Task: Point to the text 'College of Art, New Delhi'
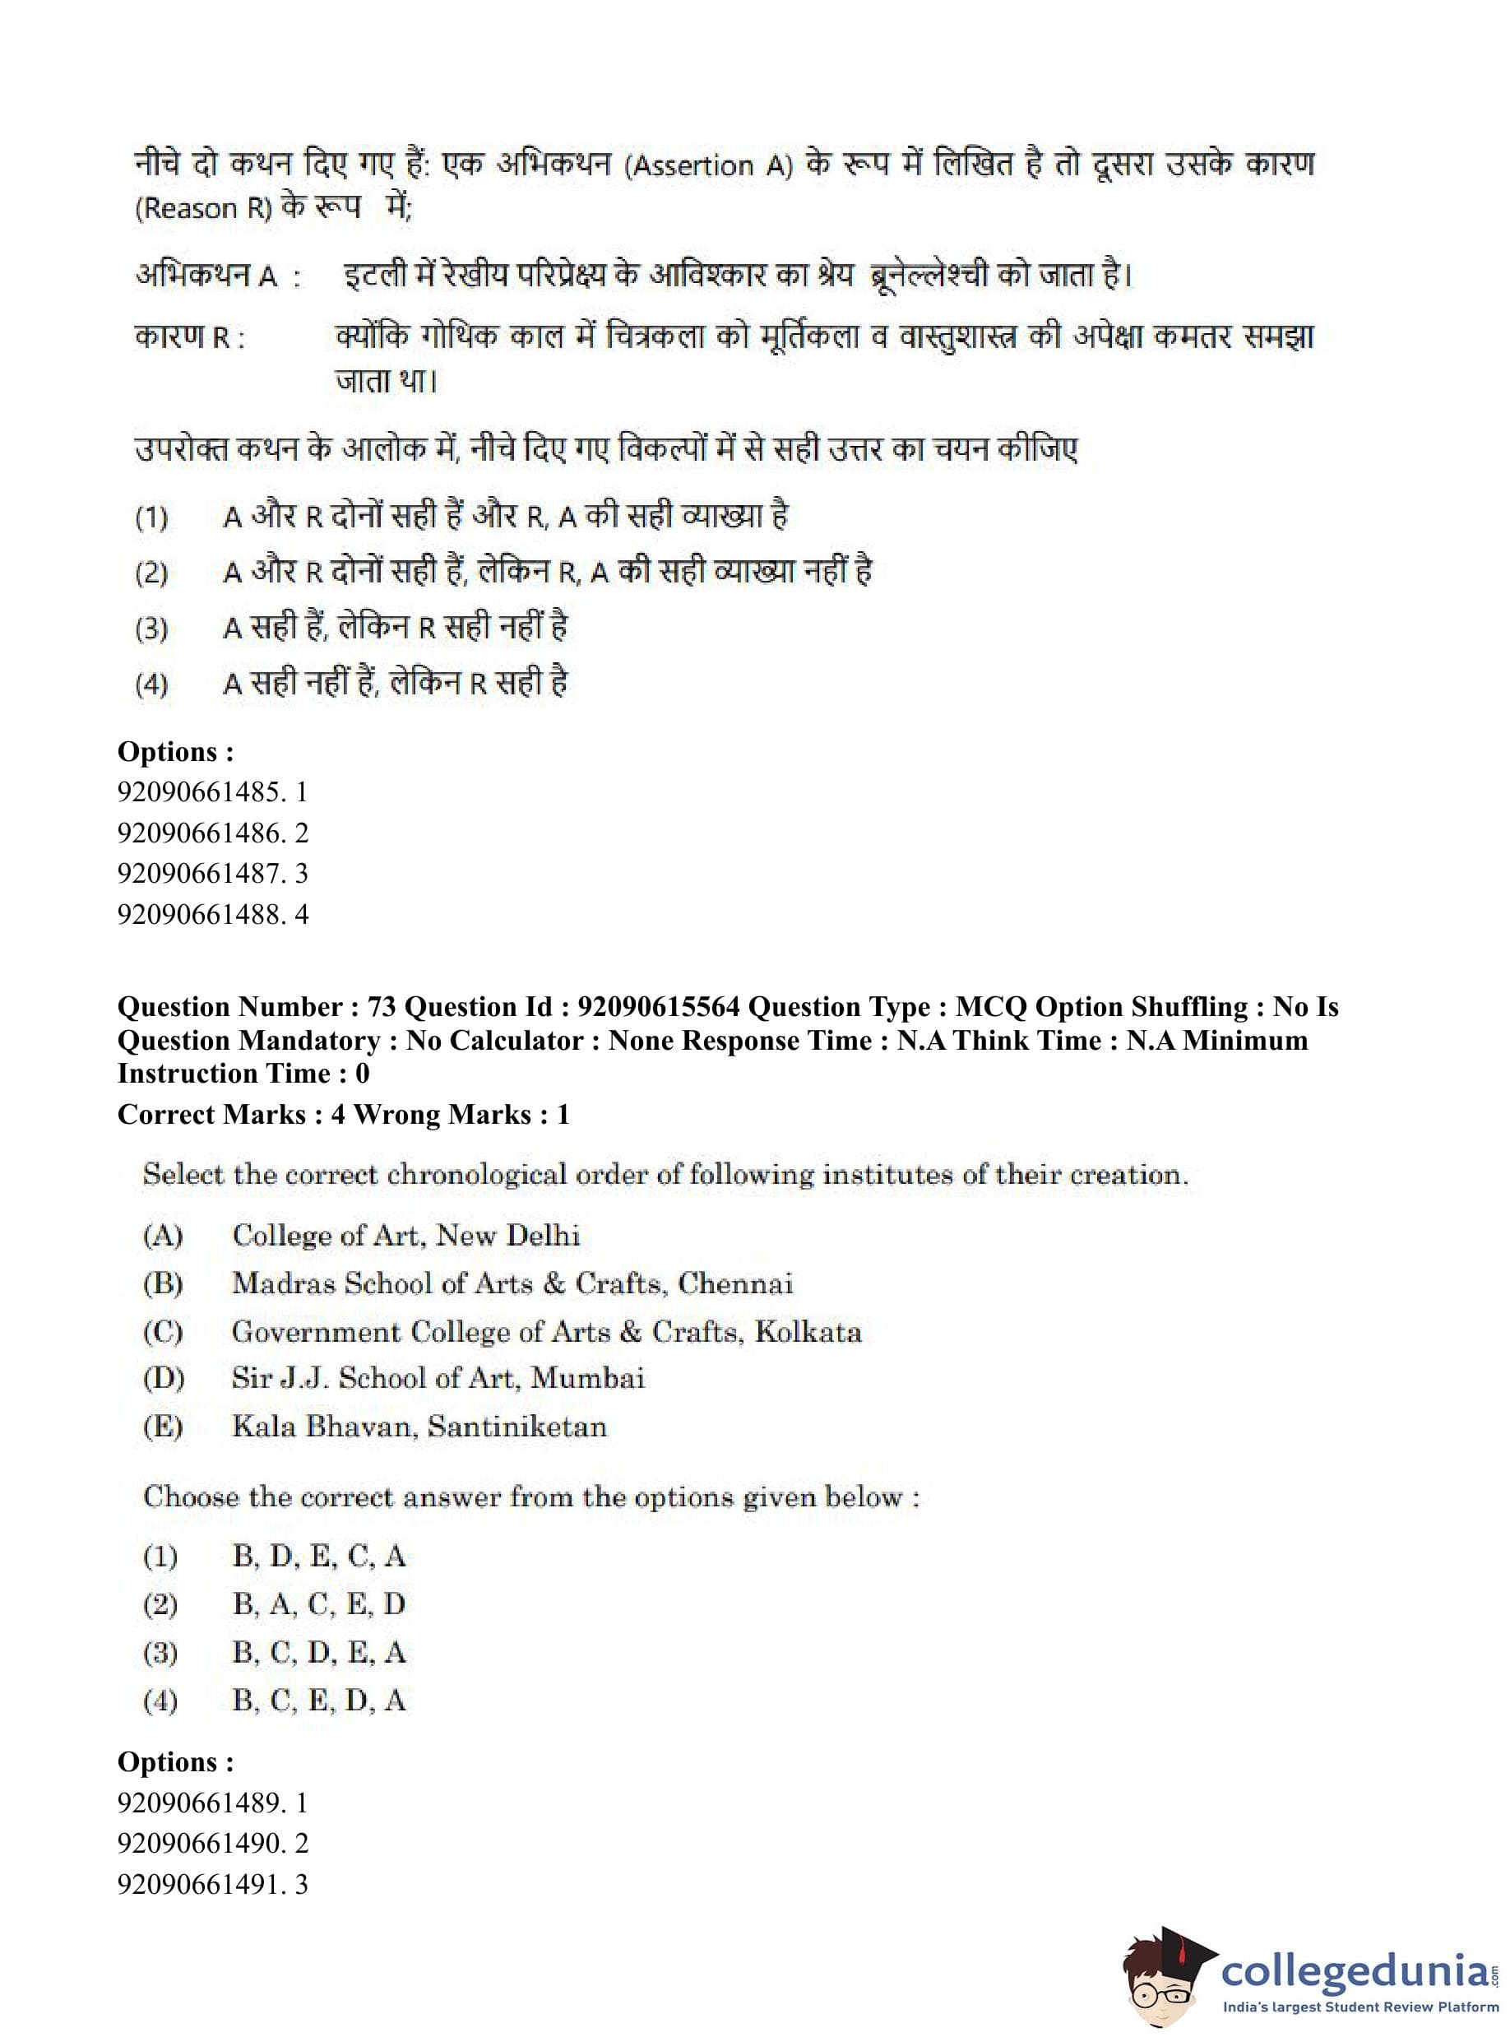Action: (405, 1235)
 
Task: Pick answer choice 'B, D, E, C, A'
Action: (318, 1555)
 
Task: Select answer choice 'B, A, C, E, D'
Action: (318, 1603)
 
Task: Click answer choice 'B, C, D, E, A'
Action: (318, 1652)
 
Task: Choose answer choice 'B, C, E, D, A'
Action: (318, 1701)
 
